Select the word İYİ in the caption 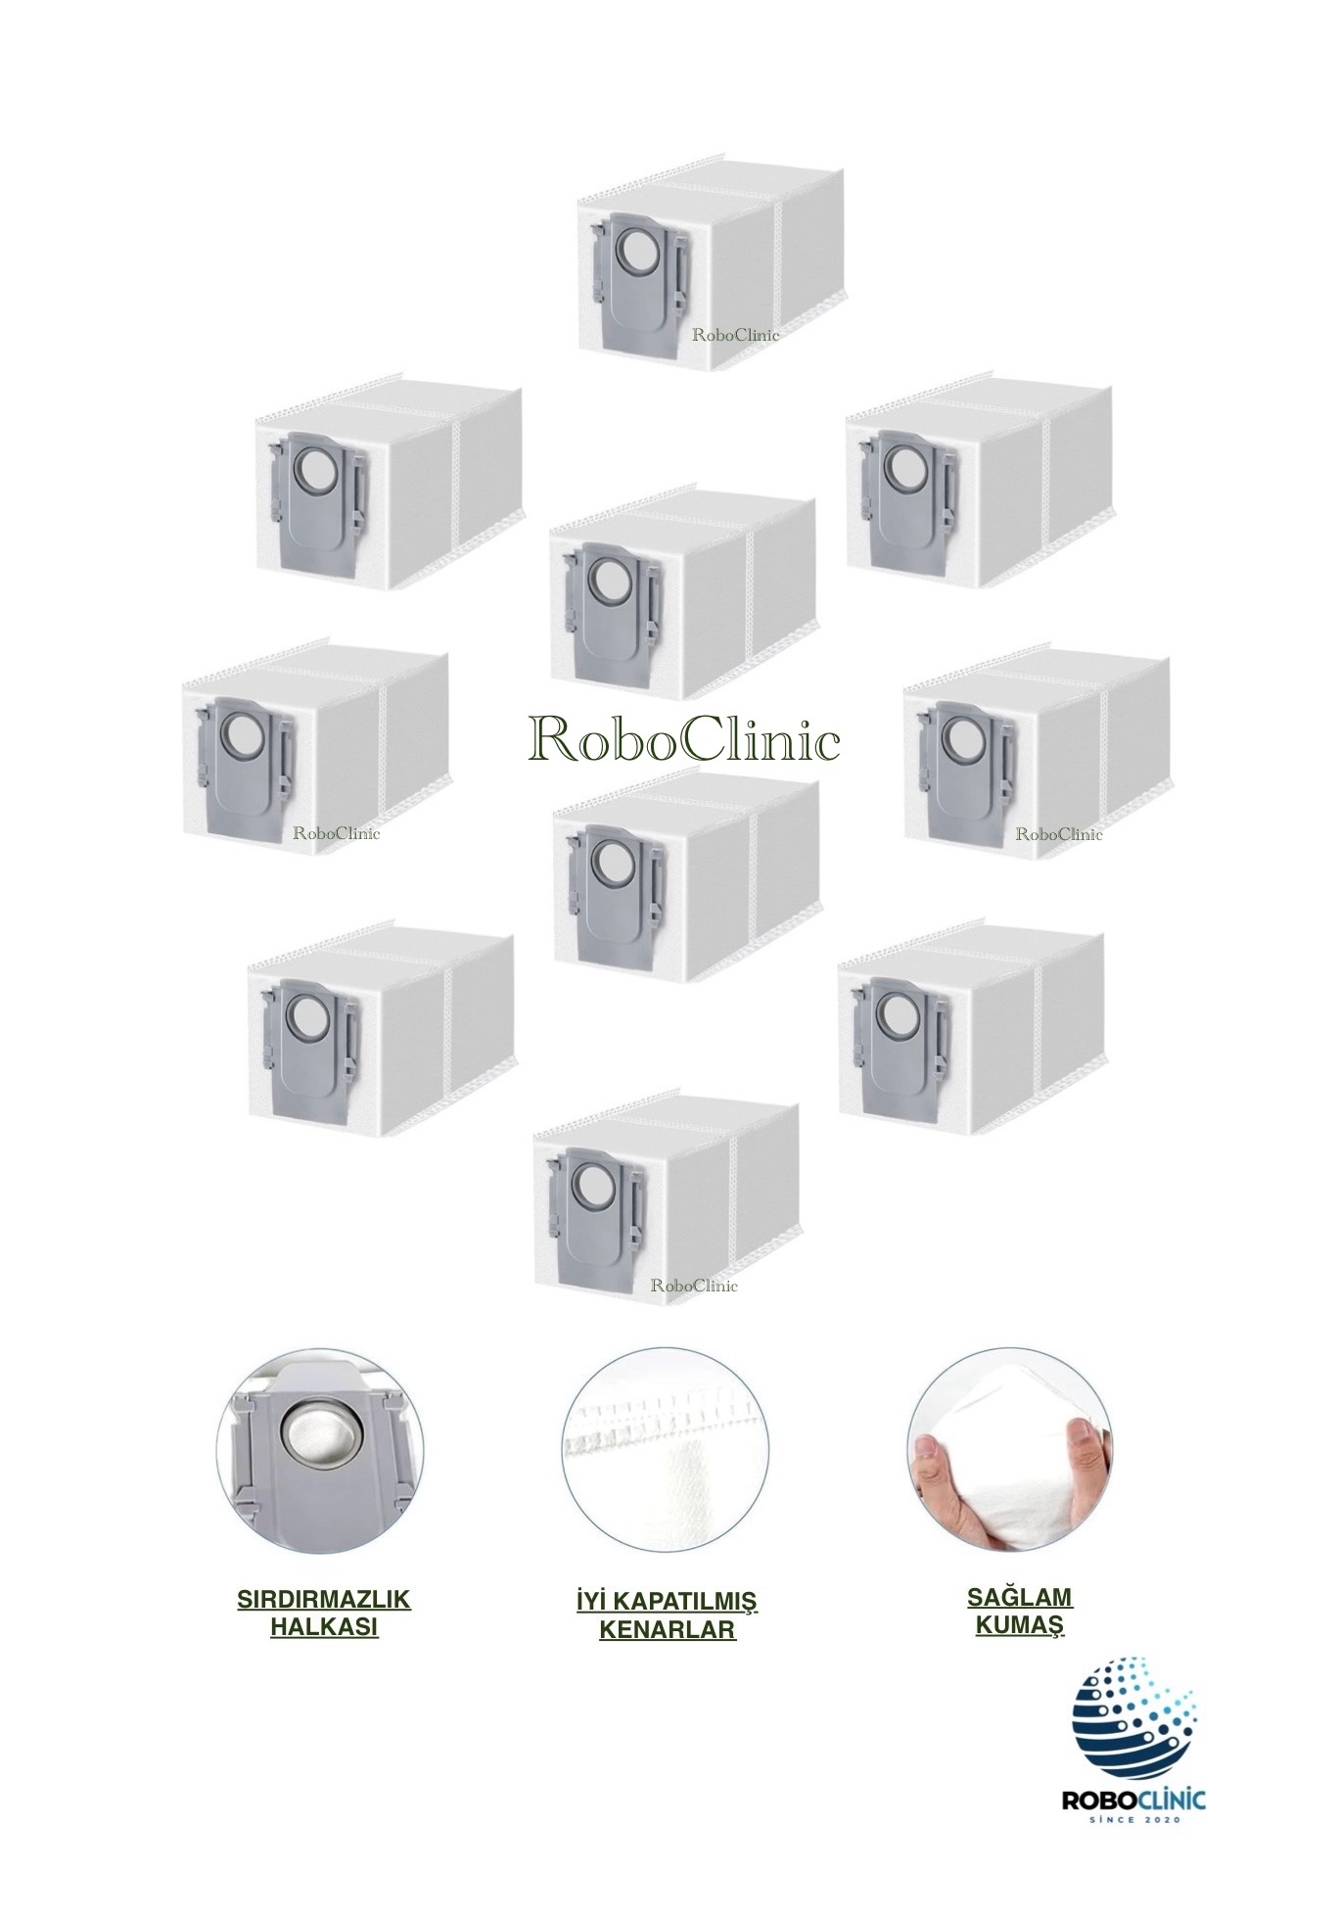pyautogui.click(x=592, y=1602)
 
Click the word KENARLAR pyautogui.click(x=667, y=1630)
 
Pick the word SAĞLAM pyautogui.click(x=1020, y=1597)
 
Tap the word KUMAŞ pyautogui.click(x=1020, y=1625)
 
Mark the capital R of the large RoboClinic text pyautogui.click(x=548, y=740)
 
